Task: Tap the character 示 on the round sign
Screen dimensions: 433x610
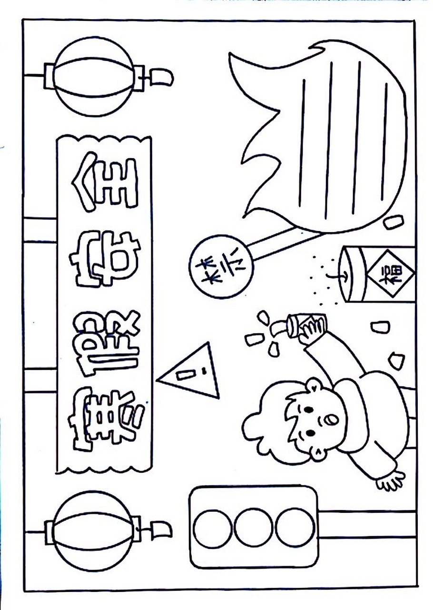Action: point(235,265)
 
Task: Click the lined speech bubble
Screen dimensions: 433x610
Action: point(326,136)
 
